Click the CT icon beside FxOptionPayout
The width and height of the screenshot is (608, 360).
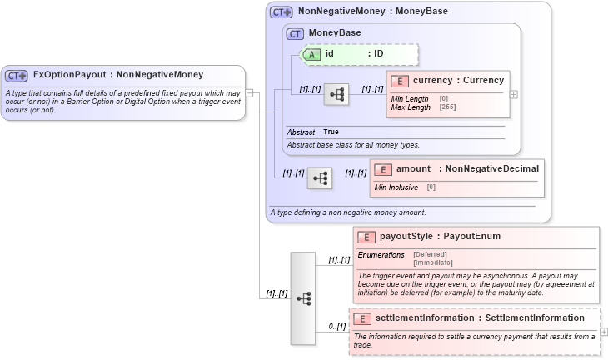pyautogui.click(x=17, y=76)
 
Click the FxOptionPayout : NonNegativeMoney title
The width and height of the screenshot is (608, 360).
pyautogui.click(x=117, y=75)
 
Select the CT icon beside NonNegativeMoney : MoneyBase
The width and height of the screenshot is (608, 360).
pyautogui.click(x=282, y=12)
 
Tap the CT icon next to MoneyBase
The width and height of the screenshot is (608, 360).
pyautogui.click(x=295, y=33)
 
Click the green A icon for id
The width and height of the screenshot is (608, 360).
pyautogui.click(x=311, y=54)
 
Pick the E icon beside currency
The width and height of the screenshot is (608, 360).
pyautogui.click(x=400, y=81)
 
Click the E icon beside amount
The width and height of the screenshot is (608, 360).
pyautogui.click(x=383, y=169)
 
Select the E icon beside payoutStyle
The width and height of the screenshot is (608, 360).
pyautogui.click(x=366, y=237)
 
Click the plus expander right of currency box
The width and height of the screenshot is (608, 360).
pyautogui.click(x=514, y=94)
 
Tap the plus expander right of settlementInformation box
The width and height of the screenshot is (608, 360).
pyautogui.click(x=604, y=332)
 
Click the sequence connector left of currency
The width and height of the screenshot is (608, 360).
pyautogui.click(x=336, y=94)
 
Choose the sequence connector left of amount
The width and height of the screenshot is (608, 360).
pyautogui.click(x=320, y=178)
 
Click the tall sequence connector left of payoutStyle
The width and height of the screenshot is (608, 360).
pyautogui.click(x=303, y=297)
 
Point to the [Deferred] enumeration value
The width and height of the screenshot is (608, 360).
pyautogui.click(x=431, y=254)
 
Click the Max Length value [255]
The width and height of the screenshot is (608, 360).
pyautogui.click(x=447, y=107)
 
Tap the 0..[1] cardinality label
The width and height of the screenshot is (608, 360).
pyautogui.click(x=336, y=326)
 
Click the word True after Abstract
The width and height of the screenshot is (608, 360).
pyautogui.click(x=331, y=132)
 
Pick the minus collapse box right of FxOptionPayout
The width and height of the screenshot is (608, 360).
pyautogui.click(x=248, y=93)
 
